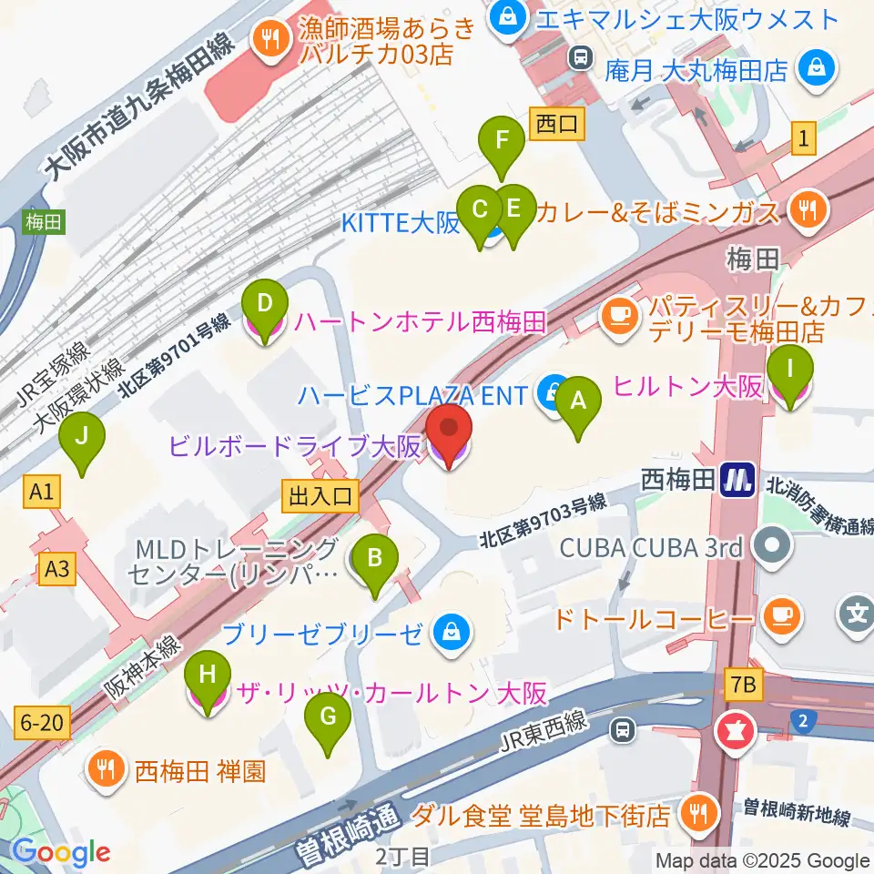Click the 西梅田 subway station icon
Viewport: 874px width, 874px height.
coord(737,481)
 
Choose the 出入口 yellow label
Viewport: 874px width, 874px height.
coord(321,496)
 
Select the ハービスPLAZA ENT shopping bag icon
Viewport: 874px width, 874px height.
coord(553,395)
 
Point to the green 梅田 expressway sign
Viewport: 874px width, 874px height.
coord(43,220)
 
